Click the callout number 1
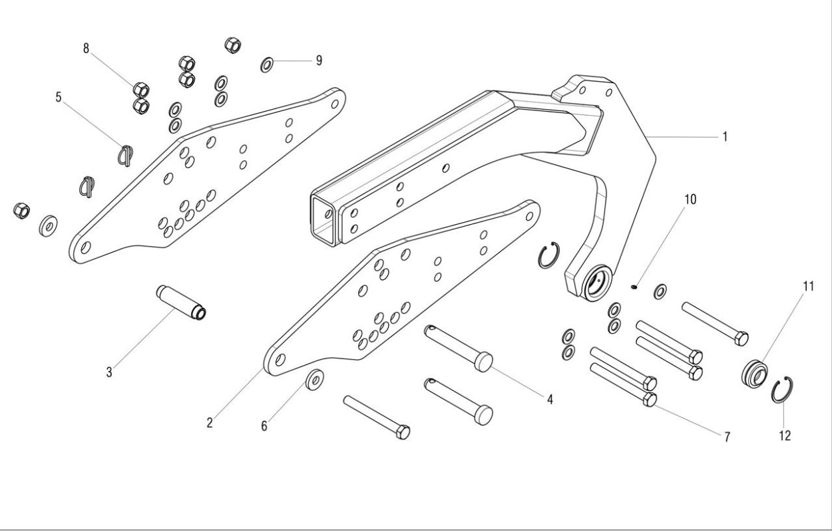coord(725,137)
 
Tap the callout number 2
coord(210,422)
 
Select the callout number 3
coord(109,372)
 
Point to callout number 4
coord(550,399)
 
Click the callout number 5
coord(59,97)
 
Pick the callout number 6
coord(264,426)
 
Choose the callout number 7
coord(728,437)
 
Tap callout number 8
coord(86,49)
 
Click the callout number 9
coord(319,61)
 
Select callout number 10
coord(690,199)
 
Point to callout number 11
coord(809,287)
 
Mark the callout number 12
coord(785,436)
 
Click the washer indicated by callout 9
coord(267,65)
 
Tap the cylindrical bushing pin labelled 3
coord(181,303)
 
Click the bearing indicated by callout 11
coord(754,372)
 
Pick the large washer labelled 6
coord(315,379)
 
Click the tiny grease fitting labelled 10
coord(634,287)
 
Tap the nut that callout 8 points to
coord(141,90)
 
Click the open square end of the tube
coord(323,220)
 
